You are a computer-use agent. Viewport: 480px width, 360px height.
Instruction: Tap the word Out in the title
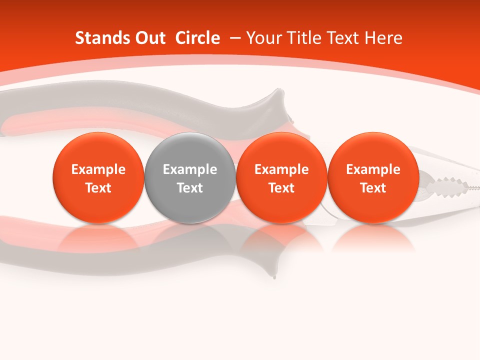pyautogui.click(x=149, y=38)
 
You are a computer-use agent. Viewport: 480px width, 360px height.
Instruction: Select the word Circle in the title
pyautogui.click(x=197, y=38)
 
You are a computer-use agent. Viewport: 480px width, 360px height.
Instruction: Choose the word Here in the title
pyautogui.click(x=383, y=38)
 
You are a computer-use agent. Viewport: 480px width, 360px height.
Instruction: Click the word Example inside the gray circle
pyautogui.click(x=190, y=170)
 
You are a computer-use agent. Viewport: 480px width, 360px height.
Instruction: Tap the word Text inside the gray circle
pyautogui.click(x=190, y=188)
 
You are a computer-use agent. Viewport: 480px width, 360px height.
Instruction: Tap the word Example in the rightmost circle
pyautogui.click(x=373, y=170)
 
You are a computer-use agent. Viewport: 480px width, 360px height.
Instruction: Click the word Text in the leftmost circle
pyautogui.click(x=98, y=188)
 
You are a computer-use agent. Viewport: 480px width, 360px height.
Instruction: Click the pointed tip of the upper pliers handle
pyautogui.click(x=276, y=93)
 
